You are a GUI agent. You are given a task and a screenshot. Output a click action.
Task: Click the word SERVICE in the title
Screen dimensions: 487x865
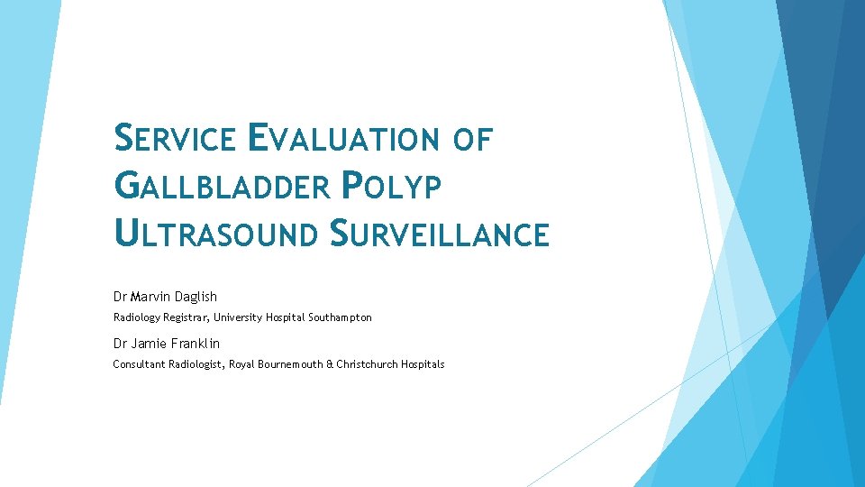[x=176, y=140]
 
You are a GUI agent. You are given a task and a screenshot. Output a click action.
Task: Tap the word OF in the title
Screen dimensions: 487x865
[x=473, y=140]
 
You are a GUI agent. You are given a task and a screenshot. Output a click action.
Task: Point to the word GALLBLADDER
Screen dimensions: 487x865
[x=223, y=187]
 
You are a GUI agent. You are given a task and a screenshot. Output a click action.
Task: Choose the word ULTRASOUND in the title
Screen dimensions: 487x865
[x=216, y=234]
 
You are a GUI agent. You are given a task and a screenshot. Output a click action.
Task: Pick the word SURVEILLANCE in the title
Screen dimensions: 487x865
[x=438, y=234]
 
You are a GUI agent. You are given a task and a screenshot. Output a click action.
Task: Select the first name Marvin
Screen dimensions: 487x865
[x=149, y=297]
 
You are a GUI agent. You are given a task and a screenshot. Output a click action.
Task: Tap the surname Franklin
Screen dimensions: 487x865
[x=195, y=344]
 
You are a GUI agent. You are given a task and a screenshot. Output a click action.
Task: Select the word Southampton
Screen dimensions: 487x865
[x=340, y=317]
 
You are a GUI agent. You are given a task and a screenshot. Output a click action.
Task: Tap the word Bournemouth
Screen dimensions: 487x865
[x=290, y=364]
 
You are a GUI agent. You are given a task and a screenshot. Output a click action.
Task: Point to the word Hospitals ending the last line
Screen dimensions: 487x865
[x=424, y=364]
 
